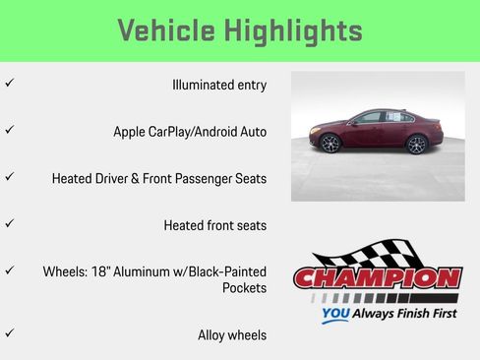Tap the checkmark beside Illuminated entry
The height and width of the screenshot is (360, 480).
[x=10, y=84]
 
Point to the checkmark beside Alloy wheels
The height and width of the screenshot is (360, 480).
[x=10, y=333]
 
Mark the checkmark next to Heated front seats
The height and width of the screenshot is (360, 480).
[x=10, y=223]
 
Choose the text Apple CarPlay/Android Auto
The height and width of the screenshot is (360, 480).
[x=190, y=132]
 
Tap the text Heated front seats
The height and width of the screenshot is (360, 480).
[x=214, y=225]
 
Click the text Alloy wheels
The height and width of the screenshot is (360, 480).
[x=232, y=335]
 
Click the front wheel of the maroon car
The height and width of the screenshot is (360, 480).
[x=330, y=145]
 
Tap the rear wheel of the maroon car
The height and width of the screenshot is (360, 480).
[x=418, y=145]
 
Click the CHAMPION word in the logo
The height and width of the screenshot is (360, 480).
[x=377, y=278]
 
